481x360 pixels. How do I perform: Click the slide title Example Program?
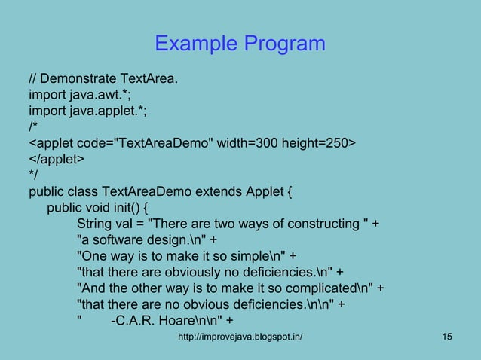pyautogui.click(x=240, y=44)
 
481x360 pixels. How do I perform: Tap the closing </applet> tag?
pyautogui.click(x=57, y=159)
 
